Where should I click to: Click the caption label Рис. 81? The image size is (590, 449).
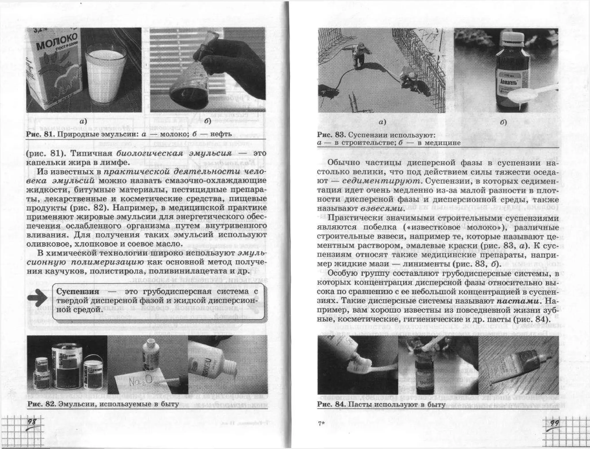(40, 134)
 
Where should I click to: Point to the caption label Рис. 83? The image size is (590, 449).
(331, 135)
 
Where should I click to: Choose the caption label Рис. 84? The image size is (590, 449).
(331, 404)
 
